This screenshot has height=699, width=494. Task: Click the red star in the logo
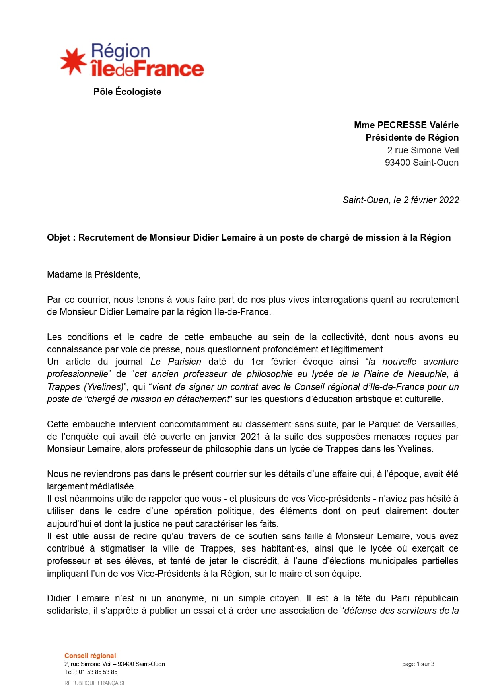[73, 62]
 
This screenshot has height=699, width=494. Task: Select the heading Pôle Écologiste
[127, 92]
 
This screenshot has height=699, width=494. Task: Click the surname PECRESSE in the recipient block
[402, 125]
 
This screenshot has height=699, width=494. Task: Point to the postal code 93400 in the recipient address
[397, 163]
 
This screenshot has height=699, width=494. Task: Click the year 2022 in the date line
[448, 200]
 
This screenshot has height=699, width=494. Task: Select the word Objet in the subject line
[58, 237]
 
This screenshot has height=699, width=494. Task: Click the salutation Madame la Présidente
[93, 274]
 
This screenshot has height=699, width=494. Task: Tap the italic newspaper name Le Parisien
[176, 362]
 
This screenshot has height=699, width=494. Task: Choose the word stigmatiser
[126, 548]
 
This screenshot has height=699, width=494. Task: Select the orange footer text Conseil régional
[90, 656]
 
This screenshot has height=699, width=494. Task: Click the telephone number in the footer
[98, 672]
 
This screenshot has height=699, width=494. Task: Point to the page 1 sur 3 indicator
[418, 664]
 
